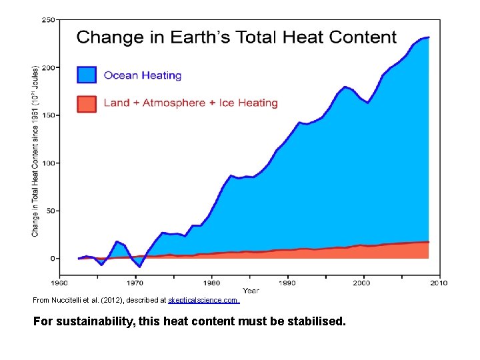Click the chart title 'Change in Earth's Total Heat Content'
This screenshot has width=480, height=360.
tap(236, 38)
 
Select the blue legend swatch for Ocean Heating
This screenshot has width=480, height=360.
tap(87, 75)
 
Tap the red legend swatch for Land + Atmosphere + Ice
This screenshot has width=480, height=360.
tap(87, 103)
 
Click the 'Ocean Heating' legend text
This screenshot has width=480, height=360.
tap(142, 75)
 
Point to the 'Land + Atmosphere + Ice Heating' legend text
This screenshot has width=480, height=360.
tap(190, 103)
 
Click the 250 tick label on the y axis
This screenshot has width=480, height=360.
tap(49, 20)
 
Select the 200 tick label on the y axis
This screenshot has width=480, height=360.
tap(49, 67)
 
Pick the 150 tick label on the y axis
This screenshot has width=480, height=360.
tap(49, 115)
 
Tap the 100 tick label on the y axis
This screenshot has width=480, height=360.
tap(49, 163)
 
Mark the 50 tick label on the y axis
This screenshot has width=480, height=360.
tap(51, 211)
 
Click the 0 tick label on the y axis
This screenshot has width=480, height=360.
tap(53, 258)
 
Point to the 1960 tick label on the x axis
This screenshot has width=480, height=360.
tap(60, 283)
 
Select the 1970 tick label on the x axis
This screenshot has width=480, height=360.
tap(135, 283)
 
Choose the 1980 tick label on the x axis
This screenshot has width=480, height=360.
tap(211, 283)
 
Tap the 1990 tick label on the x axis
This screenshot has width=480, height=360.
tap(287, 283)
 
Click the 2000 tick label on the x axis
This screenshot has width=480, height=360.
tap(363, 283)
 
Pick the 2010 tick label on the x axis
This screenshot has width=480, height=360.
tap(438, 283)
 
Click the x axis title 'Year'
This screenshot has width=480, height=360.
tap(251, 291)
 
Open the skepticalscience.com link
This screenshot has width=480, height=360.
tap(203, 301)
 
